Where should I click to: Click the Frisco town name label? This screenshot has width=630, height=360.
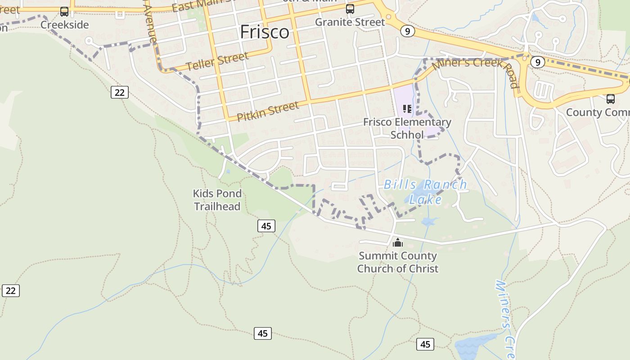click(265, 32)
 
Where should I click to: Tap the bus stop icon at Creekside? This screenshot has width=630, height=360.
click(64, 12)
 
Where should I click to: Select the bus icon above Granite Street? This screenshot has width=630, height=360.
click(350, 9)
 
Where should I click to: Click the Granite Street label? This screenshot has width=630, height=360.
click(350, 22)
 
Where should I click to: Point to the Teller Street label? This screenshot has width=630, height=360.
click(217, 61)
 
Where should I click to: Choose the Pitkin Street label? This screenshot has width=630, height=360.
click(267, 111)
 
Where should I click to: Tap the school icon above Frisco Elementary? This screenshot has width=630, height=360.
click(407, 108)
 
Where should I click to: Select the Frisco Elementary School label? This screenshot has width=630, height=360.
click(407, 128)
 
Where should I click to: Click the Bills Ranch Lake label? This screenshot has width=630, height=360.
click(425, 192)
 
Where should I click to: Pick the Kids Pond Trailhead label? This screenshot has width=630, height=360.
click(217, 200)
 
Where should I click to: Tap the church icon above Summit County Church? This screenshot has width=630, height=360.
click(397, 243)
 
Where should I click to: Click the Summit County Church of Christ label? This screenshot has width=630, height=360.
click(397, 262)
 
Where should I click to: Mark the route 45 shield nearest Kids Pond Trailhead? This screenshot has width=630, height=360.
click(266, 226)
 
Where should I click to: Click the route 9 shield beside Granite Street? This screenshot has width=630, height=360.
click(407, 31)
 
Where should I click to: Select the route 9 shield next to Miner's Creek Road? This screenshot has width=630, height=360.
click(537, 62)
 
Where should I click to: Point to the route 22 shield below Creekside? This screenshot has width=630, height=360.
click(119, 92)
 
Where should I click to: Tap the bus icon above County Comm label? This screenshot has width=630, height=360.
click(610, 99)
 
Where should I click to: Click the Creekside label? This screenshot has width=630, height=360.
click(64, 24)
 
